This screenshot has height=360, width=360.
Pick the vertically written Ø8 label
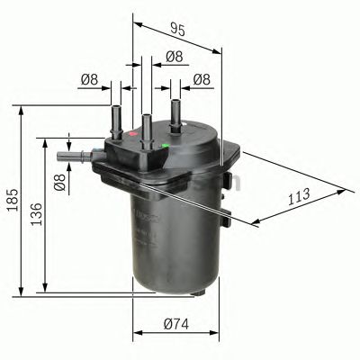59,186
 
